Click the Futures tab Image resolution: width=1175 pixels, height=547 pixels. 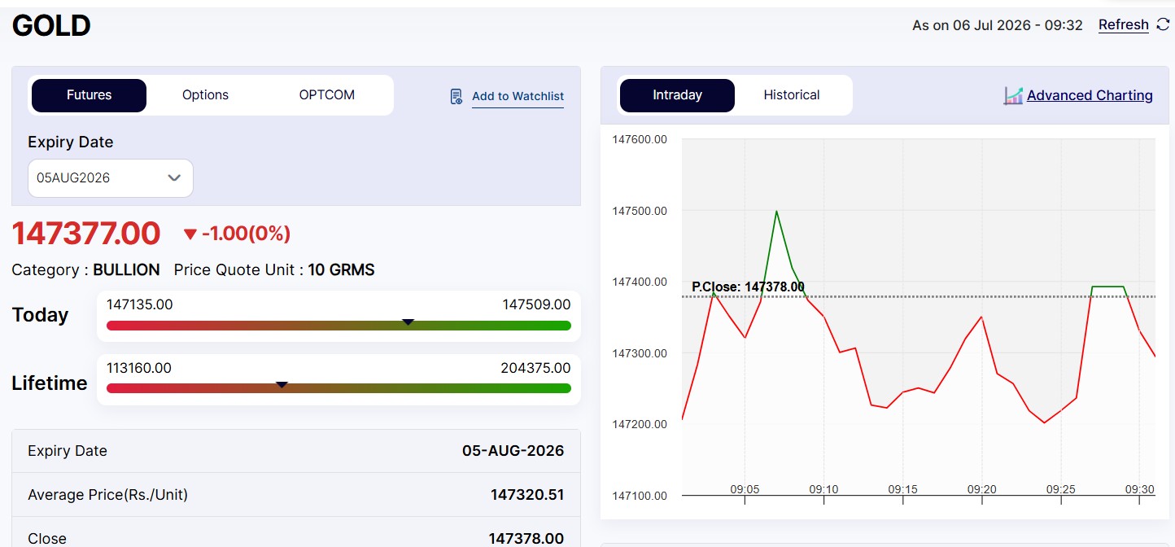click(89, 95)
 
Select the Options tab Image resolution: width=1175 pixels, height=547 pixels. click(205, 95)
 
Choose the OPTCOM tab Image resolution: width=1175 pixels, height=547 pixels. click(326, 95)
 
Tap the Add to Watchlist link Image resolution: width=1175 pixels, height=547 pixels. click(518, 96)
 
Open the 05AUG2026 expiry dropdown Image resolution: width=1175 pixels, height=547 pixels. click(110, 178)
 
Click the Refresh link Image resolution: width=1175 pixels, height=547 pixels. click(1124, 24)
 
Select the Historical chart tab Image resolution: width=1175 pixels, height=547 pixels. click(791, 95)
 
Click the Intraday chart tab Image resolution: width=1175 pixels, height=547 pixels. click(677, 95)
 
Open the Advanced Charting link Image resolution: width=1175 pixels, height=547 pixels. click(1090, 95)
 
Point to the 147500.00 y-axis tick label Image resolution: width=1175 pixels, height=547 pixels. click(640, 211)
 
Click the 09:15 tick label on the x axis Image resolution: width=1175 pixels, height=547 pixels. click(902, 489)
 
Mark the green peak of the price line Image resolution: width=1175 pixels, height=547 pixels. click(776, 211)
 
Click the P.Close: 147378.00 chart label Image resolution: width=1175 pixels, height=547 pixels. click(748, 287)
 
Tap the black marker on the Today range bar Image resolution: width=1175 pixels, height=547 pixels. click(408, 322)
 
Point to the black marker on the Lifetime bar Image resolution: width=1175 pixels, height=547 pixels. click(282, 385)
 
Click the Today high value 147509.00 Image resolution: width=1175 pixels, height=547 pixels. click(536, 304)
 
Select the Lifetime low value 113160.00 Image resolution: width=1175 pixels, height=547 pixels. click(139, 368)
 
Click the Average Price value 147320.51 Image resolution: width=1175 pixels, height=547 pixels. click(526, 495)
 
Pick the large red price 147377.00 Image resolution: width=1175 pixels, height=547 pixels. click(86, 234)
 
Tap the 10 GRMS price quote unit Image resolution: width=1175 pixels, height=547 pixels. click(341, 269)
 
